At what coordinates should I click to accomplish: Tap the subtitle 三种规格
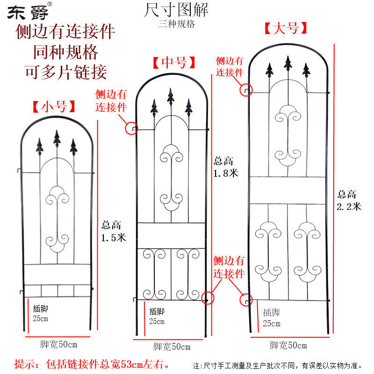tap(177, 24)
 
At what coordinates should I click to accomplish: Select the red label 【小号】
tap(53, 107)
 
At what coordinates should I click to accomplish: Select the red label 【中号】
tap(173, 62)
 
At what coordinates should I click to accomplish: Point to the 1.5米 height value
tap(114, 237)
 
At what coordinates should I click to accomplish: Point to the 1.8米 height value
tap(226, 173)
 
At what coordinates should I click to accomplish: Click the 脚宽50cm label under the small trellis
tap(58, 345)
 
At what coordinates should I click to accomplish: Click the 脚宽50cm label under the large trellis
tap(288, 345)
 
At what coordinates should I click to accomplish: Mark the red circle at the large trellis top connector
tap(246, 90)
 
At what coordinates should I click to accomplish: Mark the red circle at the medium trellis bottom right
tap(208, 297)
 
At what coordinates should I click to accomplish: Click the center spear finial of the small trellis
tap(57, 138)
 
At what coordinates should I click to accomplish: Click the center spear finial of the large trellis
tap(288, 64)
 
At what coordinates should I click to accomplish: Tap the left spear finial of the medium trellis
tap(154, 108)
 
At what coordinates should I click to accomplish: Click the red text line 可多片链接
tap(65, 71)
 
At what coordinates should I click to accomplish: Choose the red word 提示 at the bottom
tap(25, 363)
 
